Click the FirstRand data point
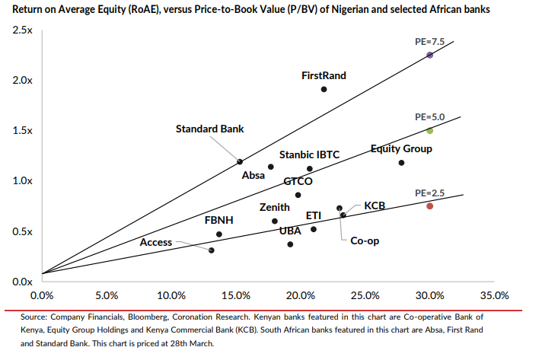(324, 89)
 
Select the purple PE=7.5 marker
(430, 55)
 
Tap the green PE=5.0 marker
(430, 130)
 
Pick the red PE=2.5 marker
(430, 205)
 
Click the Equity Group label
(401, 148)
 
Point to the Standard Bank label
(209, 129)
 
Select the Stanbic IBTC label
(309, 155)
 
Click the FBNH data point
(219, 234)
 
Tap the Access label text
(156, 242)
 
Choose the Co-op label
(365, 241)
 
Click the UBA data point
(290, 244)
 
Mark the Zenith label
(274, 207)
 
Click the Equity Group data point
(401, 162)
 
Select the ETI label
(313, 216)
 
